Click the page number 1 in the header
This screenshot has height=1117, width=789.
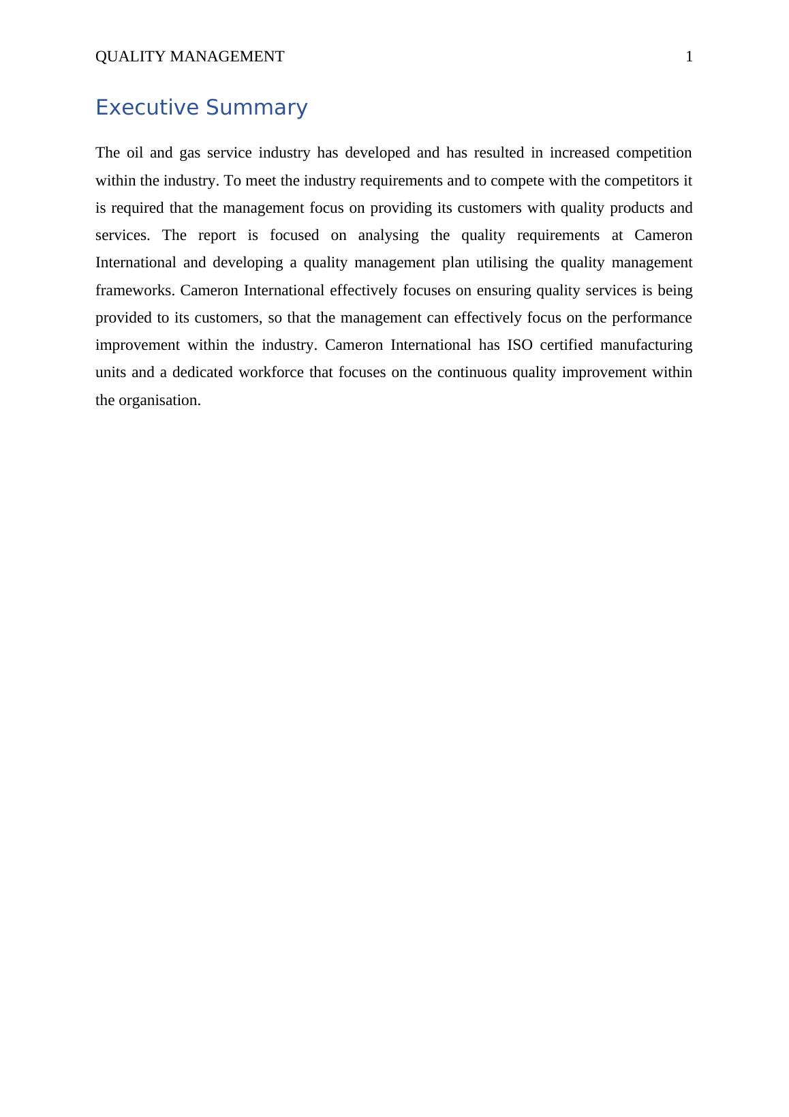pos(689,57)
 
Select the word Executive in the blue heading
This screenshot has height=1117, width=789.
pos(146,108)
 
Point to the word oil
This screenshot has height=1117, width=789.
pos(135,153)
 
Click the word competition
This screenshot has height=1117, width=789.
pos(653,153)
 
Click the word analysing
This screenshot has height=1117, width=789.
pos(388,235)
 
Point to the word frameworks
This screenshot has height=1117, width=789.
pos(135,291)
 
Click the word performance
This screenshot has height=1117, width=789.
pos(651,318)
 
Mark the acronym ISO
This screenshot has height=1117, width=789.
pos(520,345)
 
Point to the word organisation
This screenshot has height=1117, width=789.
pos(159,400)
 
